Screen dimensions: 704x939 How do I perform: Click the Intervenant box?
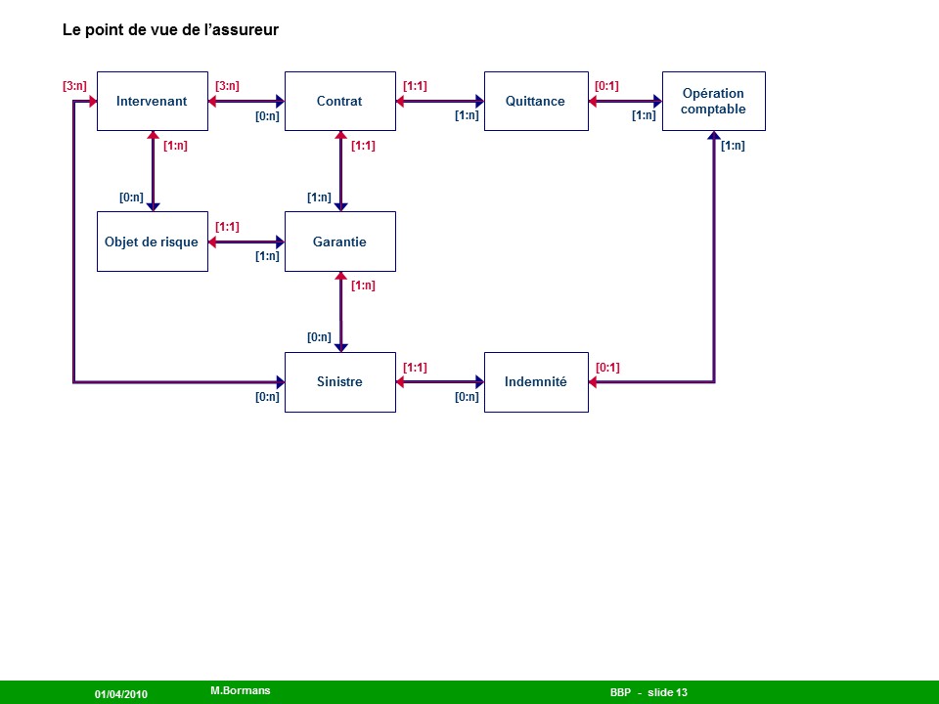(152, 101)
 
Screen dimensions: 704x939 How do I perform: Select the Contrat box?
(339, 101)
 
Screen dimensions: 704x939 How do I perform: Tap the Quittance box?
(535, 101)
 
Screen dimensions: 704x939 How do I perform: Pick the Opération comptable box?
(713, 101)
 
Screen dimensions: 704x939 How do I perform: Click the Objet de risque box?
(152, 242)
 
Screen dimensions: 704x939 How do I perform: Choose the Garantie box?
(339, 242)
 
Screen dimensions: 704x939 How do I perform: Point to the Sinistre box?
(339, 381)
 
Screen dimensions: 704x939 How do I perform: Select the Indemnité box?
(535, 381)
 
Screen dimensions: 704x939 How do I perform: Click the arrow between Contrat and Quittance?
(440, 101)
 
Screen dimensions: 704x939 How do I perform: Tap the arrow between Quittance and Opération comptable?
(626, 101)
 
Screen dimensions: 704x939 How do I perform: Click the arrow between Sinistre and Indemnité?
(440, 381)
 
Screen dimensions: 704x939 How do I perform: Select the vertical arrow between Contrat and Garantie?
(340, 171)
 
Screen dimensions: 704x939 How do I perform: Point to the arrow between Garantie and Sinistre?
(340, 311)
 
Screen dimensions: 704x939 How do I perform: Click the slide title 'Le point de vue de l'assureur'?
(170, 30)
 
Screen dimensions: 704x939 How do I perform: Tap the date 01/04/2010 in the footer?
(121, 693)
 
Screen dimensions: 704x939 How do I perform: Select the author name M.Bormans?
(241, 690)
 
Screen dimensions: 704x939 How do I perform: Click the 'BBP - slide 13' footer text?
(648, 692)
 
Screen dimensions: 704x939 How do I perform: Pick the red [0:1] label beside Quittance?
(606, 86)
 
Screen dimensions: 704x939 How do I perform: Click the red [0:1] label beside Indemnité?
(607, 368)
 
